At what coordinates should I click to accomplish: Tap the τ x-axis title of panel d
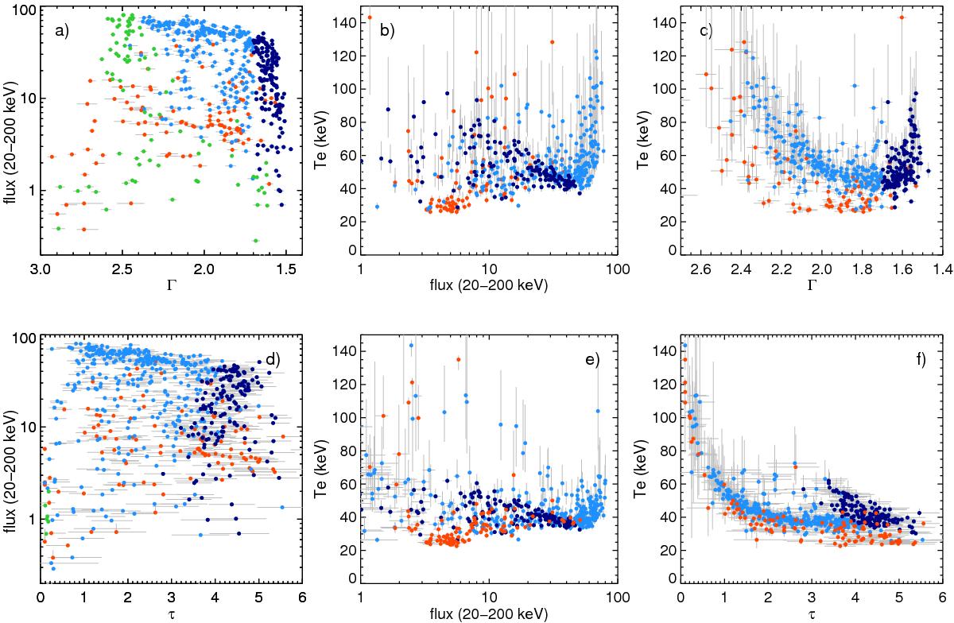coord(171,615)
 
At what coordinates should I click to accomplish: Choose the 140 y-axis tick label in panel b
coord(345,24)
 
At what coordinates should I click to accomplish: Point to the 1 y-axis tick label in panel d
coord(30,519)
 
